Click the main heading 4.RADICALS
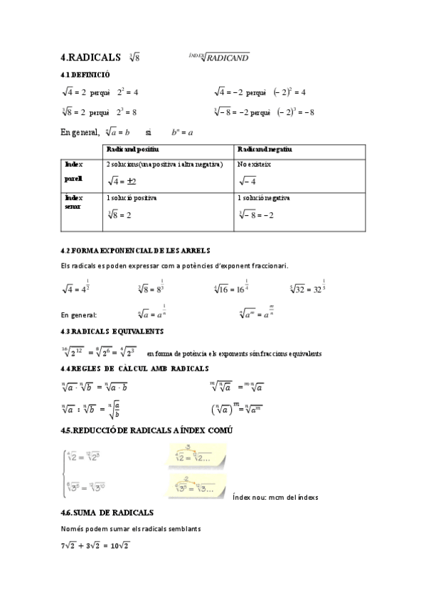point(90,57)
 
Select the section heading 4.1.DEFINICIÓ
point(85,75)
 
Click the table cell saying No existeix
point(255,164)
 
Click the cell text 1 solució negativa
point(264,197)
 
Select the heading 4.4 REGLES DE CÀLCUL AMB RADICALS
point(134,368)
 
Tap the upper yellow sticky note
point(199,456)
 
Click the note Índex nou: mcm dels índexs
point(275,497)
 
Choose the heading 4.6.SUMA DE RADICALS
point(107,513)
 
